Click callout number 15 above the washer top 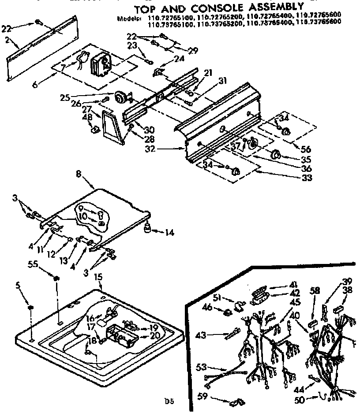pyautogui.click(x=98, y=277)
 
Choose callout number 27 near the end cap pyautogui.click(x=86, y=109)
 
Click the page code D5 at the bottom pyautogui.click(x=169, y=401)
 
